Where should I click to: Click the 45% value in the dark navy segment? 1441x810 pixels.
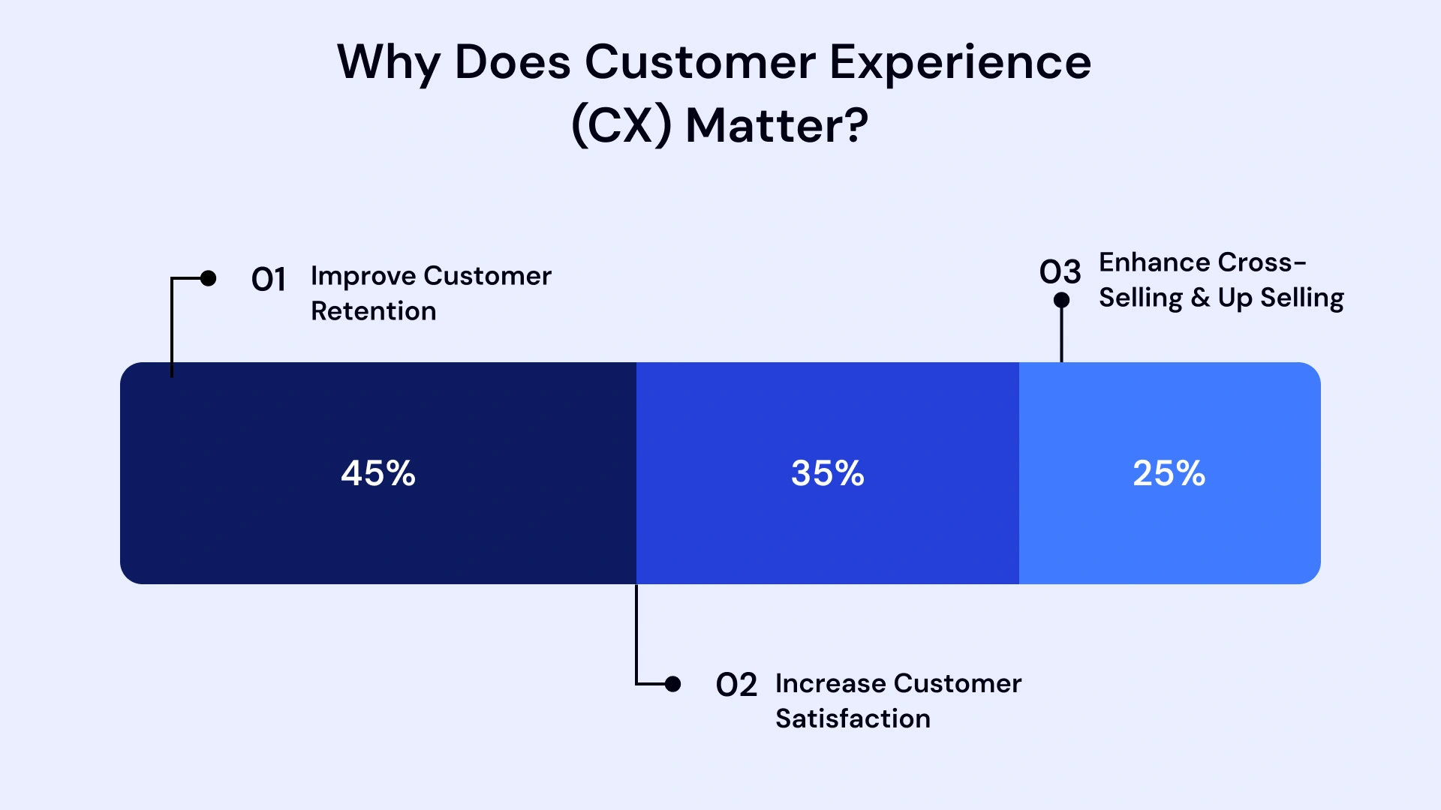click(378, 474)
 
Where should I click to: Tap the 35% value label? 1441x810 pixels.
click(828, 474)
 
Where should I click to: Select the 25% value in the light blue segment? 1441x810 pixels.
click(1169, 474)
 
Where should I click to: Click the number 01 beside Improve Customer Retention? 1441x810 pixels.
click(269, 280)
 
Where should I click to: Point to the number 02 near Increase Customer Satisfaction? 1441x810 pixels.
click(736, 685)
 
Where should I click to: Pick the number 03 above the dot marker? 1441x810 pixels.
click(1060, 272)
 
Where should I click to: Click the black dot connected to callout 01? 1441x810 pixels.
click(209, 278)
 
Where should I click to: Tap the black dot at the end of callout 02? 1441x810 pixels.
click(673, 684)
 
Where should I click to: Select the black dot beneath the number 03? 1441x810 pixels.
click(1061, 300)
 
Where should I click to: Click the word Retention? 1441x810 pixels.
click(373, 311)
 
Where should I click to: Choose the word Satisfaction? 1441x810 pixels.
click(853, 719)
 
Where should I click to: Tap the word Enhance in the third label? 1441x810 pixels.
click(1154, 262)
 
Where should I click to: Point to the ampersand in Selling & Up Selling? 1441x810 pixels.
click(1200, 298)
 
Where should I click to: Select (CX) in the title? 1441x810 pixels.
click(621, 125)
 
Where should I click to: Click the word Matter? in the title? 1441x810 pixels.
click(777, 125)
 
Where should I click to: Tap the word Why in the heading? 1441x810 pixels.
click(387, 63)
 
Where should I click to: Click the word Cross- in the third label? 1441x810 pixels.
click(1262, 262)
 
